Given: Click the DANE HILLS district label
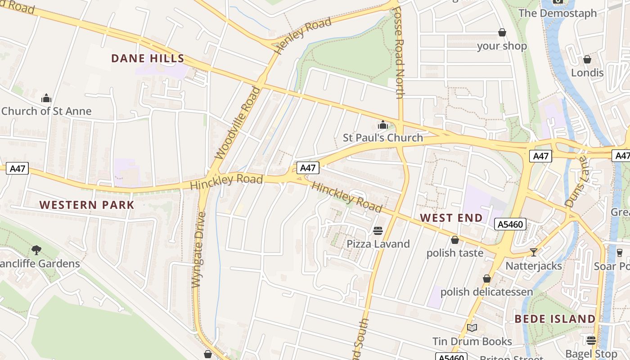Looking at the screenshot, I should [x=148, y=58].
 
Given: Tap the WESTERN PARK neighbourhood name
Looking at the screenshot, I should [x=87, y=205].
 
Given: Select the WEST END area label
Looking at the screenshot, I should [x=451, y=218].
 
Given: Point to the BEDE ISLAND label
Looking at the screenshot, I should [x=555, y=319].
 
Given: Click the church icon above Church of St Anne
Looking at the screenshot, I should [x=46, y=98].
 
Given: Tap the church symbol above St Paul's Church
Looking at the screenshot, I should [x=383, y=125].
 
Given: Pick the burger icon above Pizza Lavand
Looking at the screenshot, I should [x=378, y=231].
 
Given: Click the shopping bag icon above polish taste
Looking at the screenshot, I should [x=455, y=240].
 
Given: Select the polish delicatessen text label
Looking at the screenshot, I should [x=486, y=292].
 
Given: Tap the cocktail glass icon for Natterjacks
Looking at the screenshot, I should [x=533, y=252].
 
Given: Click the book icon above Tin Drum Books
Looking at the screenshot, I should [x=472, y=328].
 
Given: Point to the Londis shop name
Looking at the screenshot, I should [x=587, y=72].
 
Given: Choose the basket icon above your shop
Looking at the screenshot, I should [x=502, y=32].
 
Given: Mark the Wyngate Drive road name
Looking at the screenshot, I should [x=198, y=250].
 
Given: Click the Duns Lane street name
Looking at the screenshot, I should [x=576, y=182].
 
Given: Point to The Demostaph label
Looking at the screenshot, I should [x=558, y=13].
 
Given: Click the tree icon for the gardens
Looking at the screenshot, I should [x=36, y=250].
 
